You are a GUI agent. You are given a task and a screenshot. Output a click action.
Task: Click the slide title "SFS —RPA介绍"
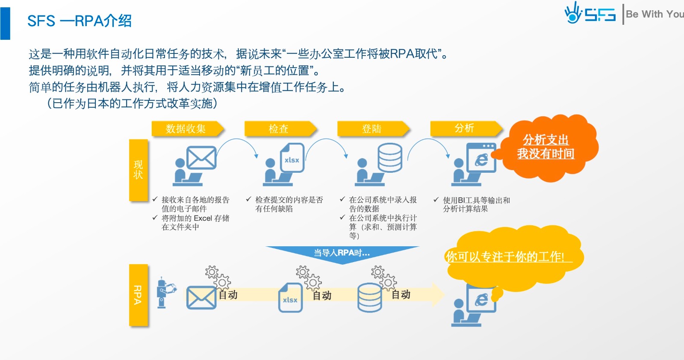pyautogui.click(x=80, y=21)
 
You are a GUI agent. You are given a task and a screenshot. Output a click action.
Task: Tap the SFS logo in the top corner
pyautogui.click(x=590, y=14)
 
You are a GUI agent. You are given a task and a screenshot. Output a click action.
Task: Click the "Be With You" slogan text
pyautogui.click(x=654, y=14)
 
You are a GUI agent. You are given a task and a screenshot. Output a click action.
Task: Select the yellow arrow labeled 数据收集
pyautogui.click(x=187, y=129)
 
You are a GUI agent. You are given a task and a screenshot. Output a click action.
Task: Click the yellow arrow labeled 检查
pyautogui.click(x=280, y=129)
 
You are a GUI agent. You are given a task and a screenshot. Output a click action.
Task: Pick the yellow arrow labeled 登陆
pyautogui.click(x=372, y=129)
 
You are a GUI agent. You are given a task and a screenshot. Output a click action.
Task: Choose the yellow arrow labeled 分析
pyautogui.click(x=465, y=128)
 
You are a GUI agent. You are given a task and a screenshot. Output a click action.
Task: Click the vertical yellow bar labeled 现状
pyautogui.click(x=139, y=170)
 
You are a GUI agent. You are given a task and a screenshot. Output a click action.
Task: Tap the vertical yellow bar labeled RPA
pyautogui.click(x=139, y=295)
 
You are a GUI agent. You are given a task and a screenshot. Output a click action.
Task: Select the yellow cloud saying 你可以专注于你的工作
pyautogui.click(x=513, y=256)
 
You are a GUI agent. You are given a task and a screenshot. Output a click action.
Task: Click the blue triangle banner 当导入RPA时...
pyautogui.click(x=342, y=253)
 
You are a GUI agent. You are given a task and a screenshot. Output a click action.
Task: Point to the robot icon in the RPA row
pyautogui.click(x=164, y=292)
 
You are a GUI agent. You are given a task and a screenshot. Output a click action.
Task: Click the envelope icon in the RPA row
pyautogui.click(x=201, y=297)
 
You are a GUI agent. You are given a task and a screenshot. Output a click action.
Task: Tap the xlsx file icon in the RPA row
pyautogui.click(x=290, y=298)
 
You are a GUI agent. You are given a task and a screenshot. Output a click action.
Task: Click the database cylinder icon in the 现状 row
pyautogui.click(x=389, y=158)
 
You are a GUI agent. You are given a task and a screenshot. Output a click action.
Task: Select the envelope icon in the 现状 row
pyautogui.click(x=201, y=158)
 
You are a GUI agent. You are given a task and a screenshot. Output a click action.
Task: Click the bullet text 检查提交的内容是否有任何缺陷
pyautogui.click(x=289, y=204)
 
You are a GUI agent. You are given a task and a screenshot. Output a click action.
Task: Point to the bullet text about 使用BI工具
pyautogui.click(x=476, y=204)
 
